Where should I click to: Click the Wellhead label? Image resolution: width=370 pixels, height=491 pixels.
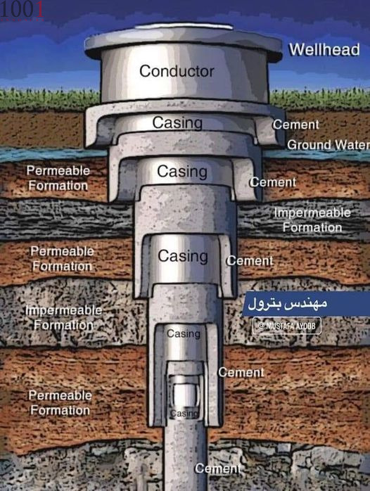pyautogui.click(x=324, y=49)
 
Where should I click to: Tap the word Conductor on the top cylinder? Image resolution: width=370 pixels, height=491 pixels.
pyautogui.click(x=177, y=71)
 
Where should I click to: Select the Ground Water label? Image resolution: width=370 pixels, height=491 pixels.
pyautogui.click(x=328, y=145)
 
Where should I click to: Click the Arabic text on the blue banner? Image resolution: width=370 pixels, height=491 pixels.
pyautogui.click(x=288, y=303)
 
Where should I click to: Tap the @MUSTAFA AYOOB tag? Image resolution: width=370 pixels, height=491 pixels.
pyautogui.click(x=287, y=326)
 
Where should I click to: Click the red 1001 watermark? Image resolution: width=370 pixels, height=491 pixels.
pyautogui.click(x=22, y=10)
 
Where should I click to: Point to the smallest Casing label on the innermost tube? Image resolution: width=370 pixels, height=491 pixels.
pyautogui.click(x=184, y=414)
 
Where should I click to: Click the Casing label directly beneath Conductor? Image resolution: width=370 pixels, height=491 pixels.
pyautogui.click(x=177, y=122)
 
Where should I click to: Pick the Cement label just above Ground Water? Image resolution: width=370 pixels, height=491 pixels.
pyautogui.click(x=296, y=125)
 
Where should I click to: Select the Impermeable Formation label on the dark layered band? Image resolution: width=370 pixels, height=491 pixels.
pyautogui.click(x=312, y=219)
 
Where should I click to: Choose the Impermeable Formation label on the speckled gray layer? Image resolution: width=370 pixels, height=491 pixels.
pyautogui.click(x=63, y=317)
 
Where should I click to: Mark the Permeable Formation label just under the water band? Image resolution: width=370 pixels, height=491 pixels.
pyautogui.click(x=58, y=178)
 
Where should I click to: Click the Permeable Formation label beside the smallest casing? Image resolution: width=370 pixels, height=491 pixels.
pyautogui.click(x=60, y=402)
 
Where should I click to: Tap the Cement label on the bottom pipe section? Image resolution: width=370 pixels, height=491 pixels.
pyautogui.click(x=217, y=468)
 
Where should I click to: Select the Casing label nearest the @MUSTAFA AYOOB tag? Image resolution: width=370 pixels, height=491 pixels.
pyautogui.click(x=184, y=334)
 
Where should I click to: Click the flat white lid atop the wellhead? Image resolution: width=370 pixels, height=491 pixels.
pyautogui.click(x=184, y=26)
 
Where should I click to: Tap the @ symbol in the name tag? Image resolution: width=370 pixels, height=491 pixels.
pyautogui.click(x=261, y=326)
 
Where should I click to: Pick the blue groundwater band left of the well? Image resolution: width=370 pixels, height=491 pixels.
pyautogui.click(x=53, y=155)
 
